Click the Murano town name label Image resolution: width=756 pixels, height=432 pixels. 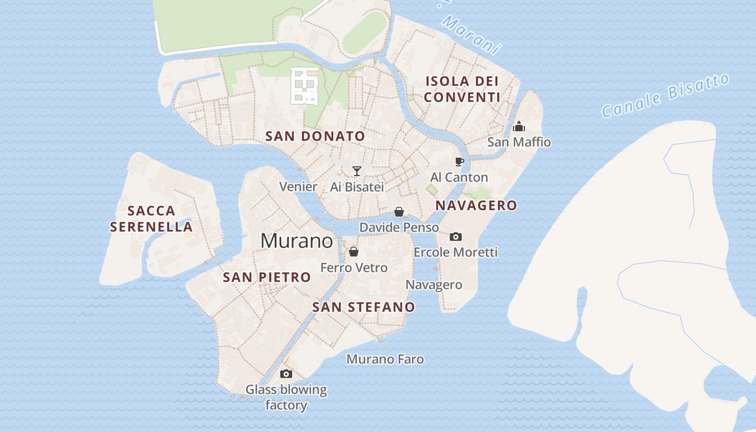point(296,241)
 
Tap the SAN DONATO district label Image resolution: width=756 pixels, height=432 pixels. point(315,137)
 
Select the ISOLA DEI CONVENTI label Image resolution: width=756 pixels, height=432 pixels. point(462,90)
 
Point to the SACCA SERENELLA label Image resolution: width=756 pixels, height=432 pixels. point(151,219)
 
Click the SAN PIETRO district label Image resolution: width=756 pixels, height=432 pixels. point(267,278)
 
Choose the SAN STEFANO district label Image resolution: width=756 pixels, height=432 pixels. point(364,307)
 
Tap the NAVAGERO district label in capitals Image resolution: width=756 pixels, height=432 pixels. point(476,206)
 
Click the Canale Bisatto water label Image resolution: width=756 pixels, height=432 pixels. point(665,96)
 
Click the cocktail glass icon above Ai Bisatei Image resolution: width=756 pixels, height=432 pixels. point(356,171)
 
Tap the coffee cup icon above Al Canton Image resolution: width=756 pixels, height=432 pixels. point(459,161)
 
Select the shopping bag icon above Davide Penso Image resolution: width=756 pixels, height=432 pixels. point(399,212)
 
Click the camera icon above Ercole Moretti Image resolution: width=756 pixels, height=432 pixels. point(455,237)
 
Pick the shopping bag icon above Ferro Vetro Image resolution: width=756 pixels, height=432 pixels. point(354,252)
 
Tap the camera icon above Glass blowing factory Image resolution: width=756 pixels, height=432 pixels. point(286,374)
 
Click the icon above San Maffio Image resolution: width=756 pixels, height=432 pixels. point(519,127)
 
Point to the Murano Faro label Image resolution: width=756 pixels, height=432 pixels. point(385,359)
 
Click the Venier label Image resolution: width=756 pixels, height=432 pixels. point(298,187)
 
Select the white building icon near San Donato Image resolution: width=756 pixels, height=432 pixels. point(304,86)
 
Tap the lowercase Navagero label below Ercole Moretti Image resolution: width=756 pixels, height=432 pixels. point(434,285)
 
